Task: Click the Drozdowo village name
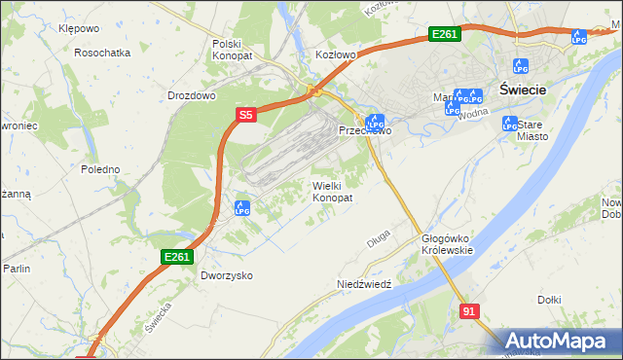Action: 191,96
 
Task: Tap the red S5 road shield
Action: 245,115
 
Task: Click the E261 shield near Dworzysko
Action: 177,256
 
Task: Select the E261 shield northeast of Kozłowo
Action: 444,35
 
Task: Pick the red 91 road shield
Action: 470,310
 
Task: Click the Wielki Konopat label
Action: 332,191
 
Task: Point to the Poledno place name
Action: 100,169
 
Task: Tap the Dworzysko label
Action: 227,275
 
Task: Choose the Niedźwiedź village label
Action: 363,284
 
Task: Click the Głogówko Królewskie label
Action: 447,244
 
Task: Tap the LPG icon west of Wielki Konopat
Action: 242,207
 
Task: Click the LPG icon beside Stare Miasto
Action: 509,124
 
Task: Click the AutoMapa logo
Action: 559,341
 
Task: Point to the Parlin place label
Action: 17,269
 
